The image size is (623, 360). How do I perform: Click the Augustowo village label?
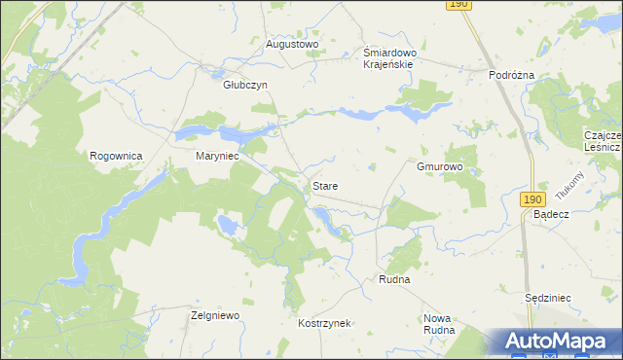point(293,44)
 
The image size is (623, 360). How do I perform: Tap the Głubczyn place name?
point(245,85)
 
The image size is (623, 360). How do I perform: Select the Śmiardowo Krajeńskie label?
point(388,57)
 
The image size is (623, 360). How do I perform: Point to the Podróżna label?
point(514,75)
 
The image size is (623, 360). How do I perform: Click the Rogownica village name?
point(117,156)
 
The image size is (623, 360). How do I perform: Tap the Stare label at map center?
point(325,184)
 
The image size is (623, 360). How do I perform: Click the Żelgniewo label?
point(215,315)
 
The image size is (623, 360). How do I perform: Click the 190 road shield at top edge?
point(459,5)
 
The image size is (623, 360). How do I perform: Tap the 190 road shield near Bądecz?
point(531,198)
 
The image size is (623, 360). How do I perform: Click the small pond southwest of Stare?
point(226,226)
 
